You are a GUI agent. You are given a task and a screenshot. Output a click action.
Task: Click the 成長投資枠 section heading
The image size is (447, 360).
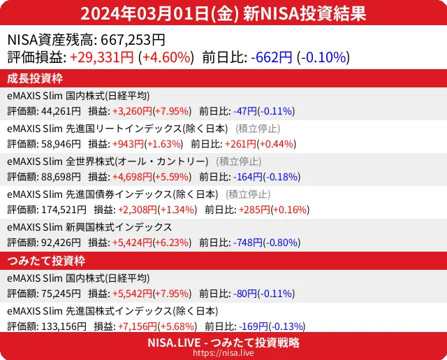coord(36,78)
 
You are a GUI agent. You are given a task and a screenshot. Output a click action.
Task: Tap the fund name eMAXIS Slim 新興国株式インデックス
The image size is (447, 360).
coord(89,227)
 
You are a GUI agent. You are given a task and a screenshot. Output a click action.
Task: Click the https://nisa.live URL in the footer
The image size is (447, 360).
coord(223,354)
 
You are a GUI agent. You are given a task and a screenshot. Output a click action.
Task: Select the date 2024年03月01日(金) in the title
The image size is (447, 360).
coord(161,13)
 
